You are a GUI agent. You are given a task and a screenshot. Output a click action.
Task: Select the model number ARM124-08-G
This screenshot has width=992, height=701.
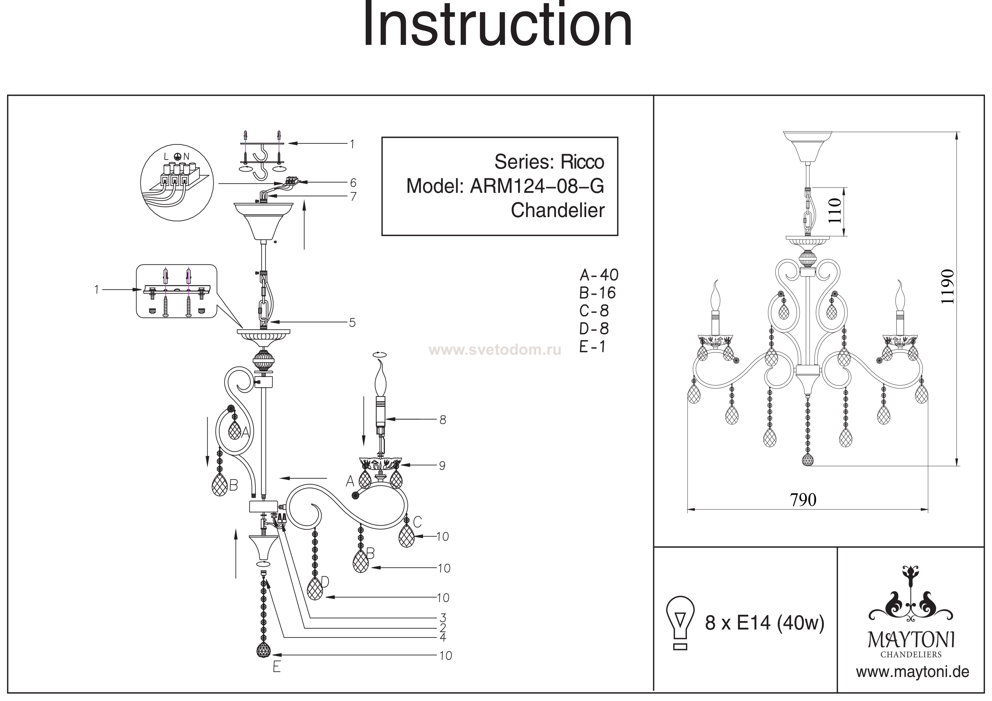[537, 186]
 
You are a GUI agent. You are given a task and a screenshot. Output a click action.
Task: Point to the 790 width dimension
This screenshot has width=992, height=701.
[803, 500]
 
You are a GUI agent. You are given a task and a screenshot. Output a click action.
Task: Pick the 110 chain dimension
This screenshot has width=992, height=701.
[835, 210]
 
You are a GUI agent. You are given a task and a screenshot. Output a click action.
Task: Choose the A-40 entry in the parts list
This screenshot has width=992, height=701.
[598, 275]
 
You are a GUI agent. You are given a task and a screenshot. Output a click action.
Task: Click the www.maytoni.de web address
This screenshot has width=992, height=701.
[912, 672]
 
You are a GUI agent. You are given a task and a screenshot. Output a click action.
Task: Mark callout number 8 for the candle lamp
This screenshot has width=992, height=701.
[443, 419]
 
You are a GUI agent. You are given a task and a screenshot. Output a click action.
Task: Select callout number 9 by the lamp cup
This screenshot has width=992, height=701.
[442, 466]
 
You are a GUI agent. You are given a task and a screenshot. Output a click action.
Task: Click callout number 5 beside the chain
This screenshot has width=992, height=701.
[352, 323]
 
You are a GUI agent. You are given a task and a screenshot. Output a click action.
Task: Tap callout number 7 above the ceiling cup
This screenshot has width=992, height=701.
[353, 196]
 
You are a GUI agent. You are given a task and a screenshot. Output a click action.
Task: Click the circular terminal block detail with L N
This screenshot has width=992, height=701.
[177, 182]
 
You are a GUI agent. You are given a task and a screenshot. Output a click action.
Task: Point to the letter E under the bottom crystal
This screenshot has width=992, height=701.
[277, 667]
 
